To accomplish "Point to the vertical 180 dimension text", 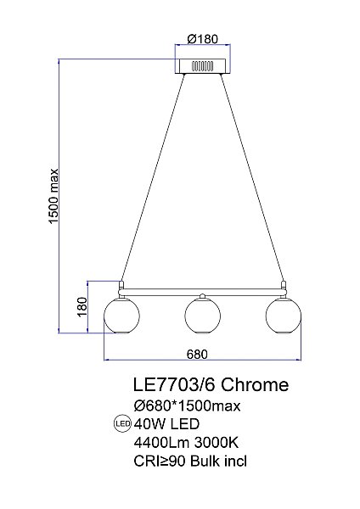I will tap(82, 306).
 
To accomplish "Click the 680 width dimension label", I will tap(195, 354).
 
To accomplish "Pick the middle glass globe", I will tap(201, 316).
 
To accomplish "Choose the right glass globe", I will tap(283, 316).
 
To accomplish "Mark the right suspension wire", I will tap(253, 178).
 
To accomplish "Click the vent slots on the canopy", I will tap(201, 64).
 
